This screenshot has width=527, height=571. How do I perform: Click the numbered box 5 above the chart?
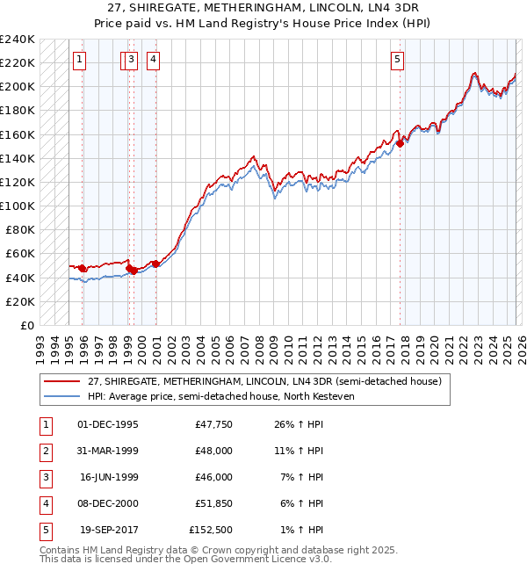(398, 60)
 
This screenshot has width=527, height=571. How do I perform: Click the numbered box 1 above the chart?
(80, 60)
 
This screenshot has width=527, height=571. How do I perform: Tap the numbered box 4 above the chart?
(153, 60)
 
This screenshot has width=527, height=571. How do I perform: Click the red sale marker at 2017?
(400, 143)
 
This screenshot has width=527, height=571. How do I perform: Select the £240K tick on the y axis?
(18, 40)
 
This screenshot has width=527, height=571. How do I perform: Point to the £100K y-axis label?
(18, 206)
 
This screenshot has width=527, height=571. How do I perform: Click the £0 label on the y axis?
(26, 325)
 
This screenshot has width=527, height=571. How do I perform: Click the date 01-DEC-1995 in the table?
(108, 424)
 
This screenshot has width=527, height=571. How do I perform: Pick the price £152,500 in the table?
(211, 530)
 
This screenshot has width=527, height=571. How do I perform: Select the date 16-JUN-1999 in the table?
(108, 477)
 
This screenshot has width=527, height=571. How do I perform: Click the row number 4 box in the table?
(44, 503)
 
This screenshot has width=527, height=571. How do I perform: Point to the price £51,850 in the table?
(214, 503)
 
